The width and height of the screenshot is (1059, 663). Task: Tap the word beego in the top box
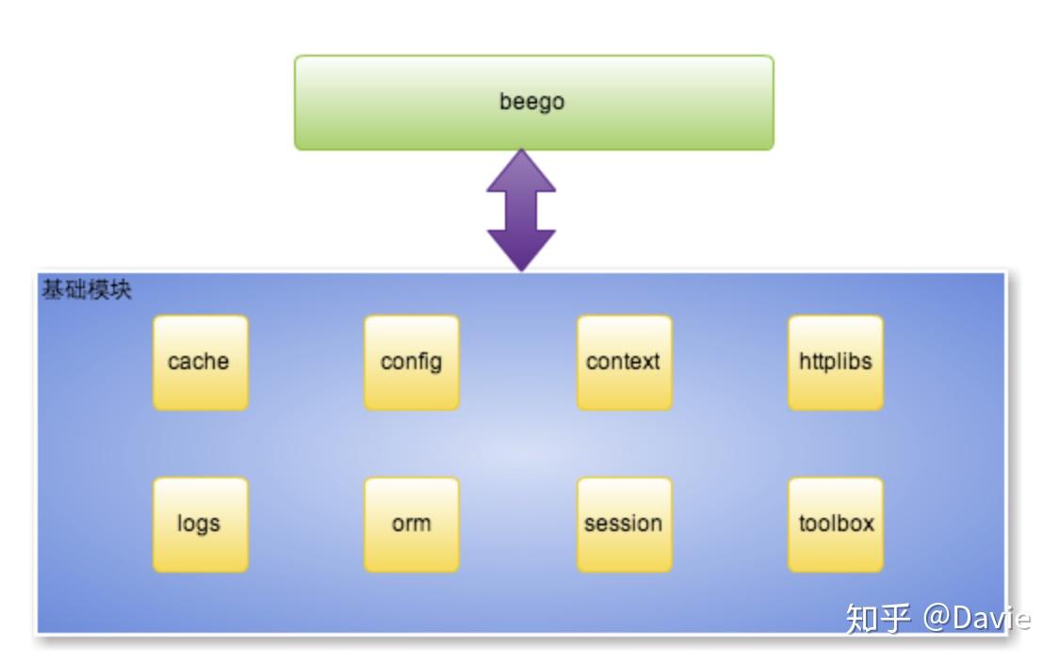pyautogui.click(x=531, y=101)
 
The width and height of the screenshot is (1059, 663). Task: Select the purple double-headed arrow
pyautogui.click(x=521, y=209)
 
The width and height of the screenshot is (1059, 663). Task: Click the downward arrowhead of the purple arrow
pyautogui.click(x=521, y=250)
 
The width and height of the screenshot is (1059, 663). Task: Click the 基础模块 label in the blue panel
pyautogui.click(x=86, y=289)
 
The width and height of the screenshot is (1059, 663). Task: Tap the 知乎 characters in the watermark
pyautogui.click(x=877, y=618)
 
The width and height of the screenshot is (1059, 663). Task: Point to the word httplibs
pyautogui.click(x=835, y=361)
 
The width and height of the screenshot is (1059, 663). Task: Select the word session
pyautogui.click(x=623, y=524)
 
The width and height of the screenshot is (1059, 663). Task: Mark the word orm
pyautogui.click(x=411, y=524)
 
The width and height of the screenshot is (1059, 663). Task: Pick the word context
pyautogui.click(x=623, y=361)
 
